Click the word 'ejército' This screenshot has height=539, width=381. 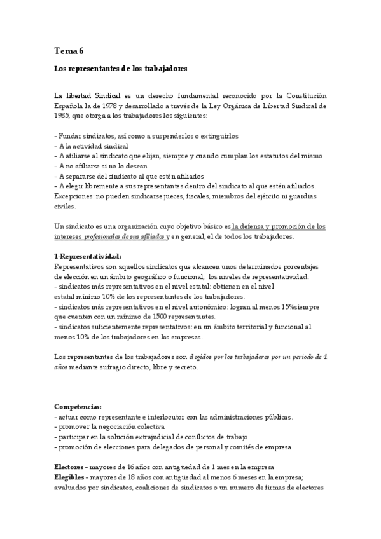click(x=268, y=196)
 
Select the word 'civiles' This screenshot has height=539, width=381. click(x=65, y=206)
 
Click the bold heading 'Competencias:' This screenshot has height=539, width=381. click(x=78, y=407)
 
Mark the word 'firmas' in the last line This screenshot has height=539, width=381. click(x=271, y=488)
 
